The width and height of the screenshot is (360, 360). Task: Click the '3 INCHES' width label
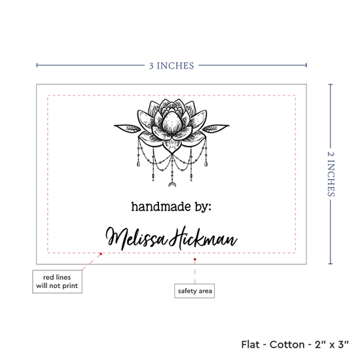point(171,66)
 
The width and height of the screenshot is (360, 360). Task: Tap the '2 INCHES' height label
point(331,174)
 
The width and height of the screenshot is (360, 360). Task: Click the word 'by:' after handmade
point(203,207)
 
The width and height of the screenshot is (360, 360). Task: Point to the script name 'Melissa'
point(136,238)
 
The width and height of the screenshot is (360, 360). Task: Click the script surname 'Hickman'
point(203,238)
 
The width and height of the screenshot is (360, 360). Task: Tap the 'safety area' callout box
point(194,291)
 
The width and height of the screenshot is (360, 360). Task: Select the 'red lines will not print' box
point(57,281)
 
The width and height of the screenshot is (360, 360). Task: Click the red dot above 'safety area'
point(194,259)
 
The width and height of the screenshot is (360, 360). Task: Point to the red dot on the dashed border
point(101,254)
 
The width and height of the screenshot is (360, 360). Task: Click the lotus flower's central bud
point(172,122)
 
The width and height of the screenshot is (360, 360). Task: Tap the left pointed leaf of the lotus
point(127,128)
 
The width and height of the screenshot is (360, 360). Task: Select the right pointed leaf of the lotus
point(216,128)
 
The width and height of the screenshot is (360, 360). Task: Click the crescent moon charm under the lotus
point(171,185)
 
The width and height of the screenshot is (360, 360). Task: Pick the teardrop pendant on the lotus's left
point(139,164)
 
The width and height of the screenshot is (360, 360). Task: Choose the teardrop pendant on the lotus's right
point(206,164)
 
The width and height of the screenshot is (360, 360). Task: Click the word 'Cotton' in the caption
point(287,344)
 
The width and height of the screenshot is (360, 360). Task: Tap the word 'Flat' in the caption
point(250,344)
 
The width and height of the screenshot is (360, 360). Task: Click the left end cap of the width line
point(37,65)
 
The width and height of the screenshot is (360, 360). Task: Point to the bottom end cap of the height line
point(331,264)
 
